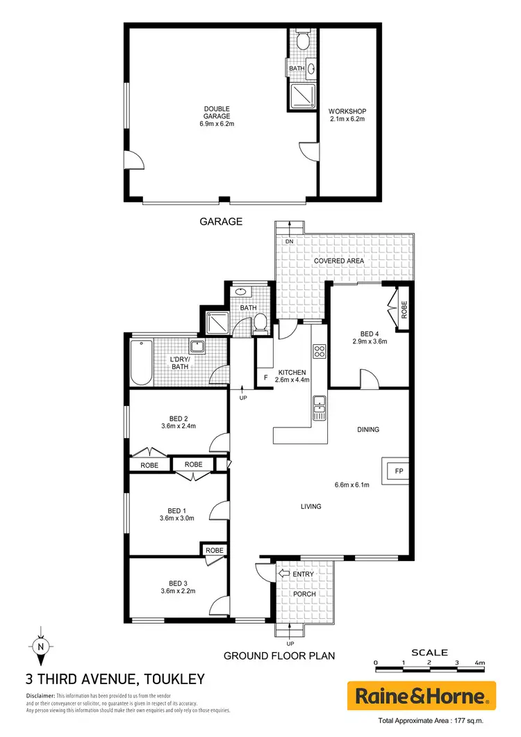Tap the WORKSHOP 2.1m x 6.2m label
tap(347, 115)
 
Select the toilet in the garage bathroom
tap(302, 42)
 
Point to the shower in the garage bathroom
tap(302, 97)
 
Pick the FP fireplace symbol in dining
tap(399, 471)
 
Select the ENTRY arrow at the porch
tap(284, 574)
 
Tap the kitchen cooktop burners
tap(320, 353)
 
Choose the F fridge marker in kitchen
tap(266, 378)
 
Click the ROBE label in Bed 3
tap(213, 550)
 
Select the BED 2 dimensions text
tap(176, 426)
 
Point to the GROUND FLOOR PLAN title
tap(279, 656)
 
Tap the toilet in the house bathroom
tap(260, 323)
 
